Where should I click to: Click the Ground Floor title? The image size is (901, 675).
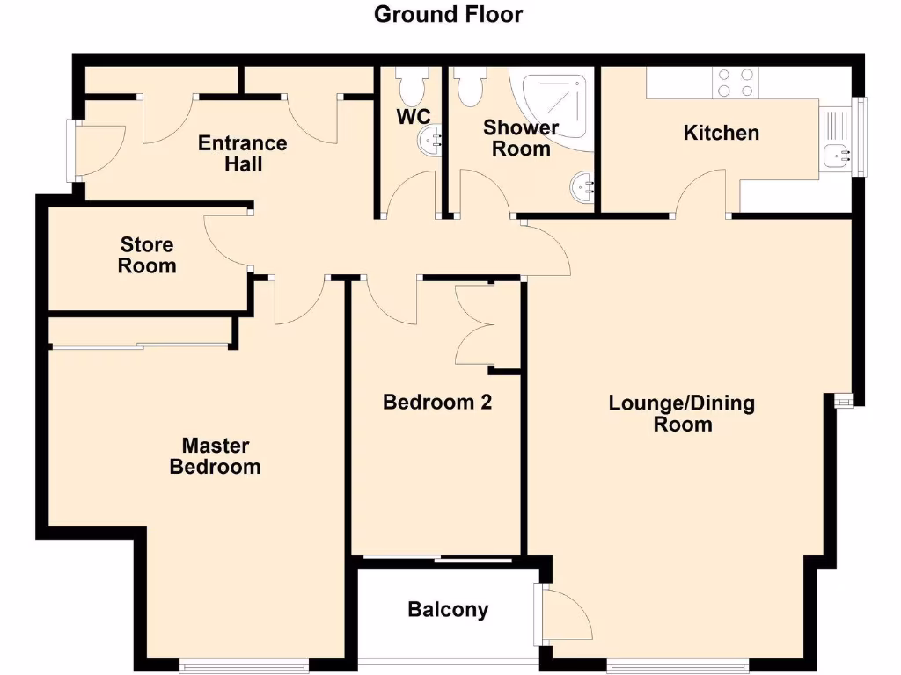tap(449, 15)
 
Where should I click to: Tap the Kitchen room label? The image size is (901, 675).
tap(721, 133)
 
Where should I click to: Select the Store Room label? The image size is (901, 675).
tap(147, 255)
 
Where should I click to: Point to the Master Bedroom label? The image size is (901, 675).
tap(215, 456)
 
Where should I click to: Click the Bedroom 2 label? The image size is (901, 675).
tap(436, 403)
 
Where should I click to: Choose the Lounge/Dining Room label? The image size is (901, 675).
tap(682, 413)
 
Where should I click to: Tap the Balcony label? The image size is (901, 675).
tap(448, 609)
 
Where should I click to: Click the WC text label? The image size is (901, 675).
tap(413, 116)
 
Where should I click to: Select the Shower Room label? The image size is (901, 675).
tap(521, 138)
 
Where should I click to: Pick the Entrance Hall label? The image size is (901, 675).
tap(242, 153)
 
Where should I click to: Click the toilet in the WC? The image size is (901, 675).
tap(411, 85)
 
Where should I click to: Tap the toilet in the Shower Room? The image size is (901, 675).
tap(468, 85)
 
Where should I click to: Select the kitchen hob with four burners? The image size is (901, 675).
tap(736, 83)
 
